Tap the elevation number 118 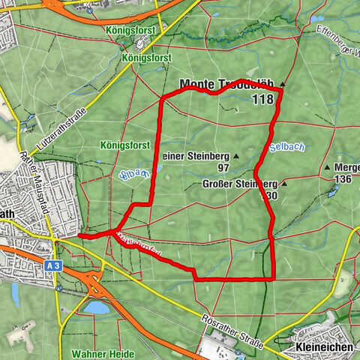[x=263, y=99]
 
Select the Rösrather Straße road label [x=232, y=332]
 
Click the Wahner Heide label [x=103, y=353]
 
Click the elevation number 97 [x=223, y=167]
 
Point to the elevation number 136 [x=343, y=179]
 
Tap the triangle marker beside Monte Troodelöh [x=283, y=84]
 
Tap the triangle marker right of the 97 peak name [x=236, y=156]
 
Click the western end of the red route [x=79, y=235]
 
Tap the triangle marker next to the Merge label [x=327, y=167]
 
